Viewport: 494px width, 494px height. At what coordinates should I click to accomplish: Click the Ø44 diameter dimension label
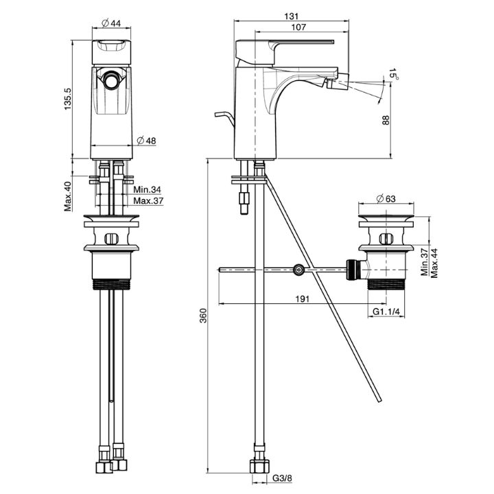pos(111,23)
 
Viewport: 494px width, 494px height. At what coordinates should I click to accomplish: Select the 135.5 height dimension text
pos(68,99)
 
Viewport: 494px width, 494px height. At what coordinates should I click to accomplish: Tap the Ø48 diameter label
pos(147,141)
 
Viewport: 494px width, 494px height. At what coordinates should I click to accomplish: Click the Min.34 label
pos(147,189)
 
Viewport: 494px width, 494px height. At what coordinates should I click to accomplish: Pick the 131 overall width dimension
pos(291,16)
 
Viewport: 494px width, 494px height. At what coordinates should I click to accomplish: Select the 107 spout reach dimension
pos(298,27)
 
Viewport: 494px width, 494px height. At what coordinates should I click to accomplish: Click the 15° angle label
pos(393,74)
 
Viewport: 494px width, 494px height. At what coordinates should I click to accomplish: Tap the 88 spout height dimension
pos(386,120)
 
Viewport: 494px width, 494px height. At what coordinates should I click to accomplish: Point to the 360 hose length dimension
pos(204,316)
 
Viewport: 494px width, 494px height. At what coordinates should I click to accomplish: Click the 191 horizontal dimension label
pos(302,298)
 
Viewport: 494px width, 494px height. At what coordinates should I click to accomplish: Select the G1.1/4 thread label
pos(386,311)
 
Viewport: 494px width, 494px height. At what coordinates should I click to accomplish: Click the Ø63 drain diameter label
pos(386,199)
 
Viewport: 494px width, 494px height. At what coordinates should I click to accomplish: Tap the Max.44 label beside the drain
pos(434,263)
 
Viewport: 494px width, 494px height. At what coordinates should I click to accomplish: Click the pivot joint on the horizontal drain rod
pos(298,270)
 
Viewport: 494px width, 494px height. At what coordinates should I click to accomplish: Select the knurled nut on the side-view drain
pos(351,270)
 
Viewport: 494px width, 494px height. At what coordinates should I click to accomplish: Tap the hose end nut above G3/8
pos(259,467)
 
